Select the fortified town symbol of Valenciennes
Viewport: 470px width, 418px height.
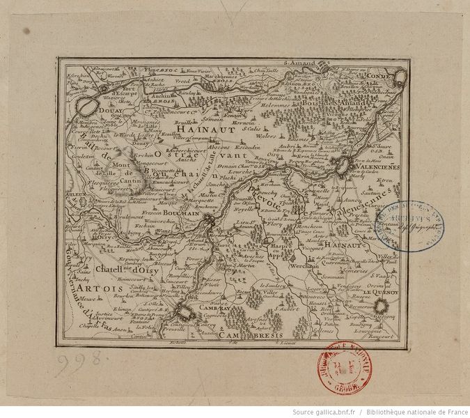(341, 166)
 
